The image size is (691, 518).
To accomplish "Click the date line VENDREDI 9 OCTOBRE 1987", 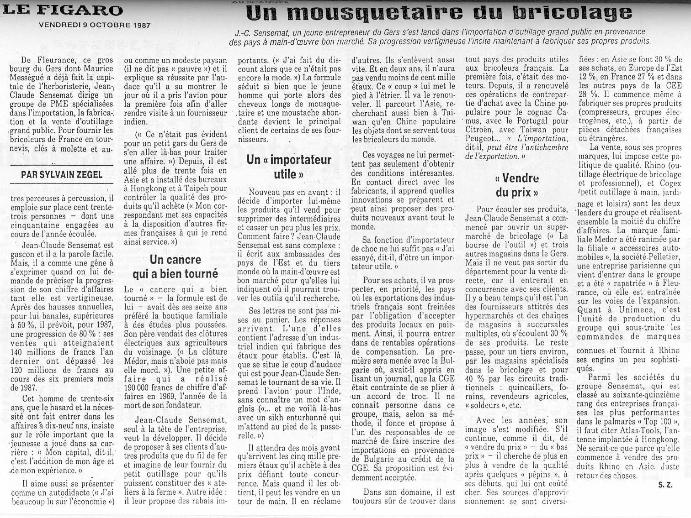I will [x=95, y=26].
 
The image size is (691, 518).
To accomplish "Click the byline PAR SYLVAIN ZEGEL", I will [x=62, y=174].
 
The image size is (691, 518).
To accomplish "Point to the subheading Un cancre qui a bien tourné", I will [x=175, y=267].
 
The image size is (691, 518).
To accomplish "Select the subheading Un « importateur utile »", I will [x=288, y=167].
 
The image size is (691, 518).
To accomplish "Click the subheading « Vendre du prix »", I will [x=516, y=185].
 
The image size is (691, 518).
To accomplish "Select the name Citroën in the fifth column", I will [x=479, y=130].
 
